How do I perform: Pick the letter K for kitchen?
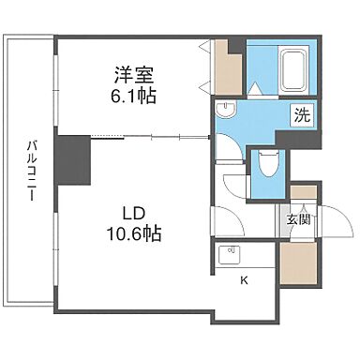coord(243,280)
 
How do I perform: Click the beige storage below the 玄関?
coord(297,261)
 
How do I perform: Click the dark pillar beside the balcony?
coord(72,161)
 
